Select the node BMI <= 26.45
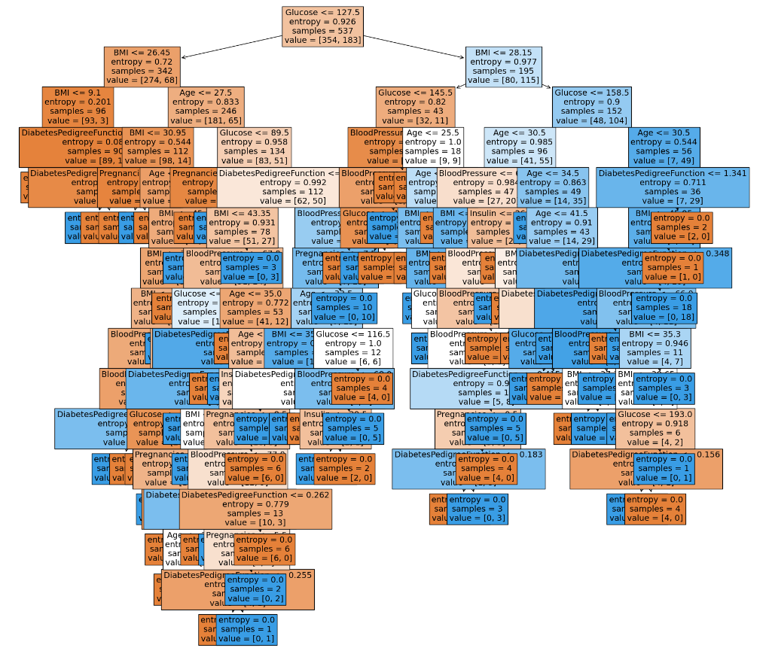coord(142,67)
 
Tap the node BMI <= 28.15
coord(503,67)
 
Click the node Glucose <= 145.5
coord(415,106)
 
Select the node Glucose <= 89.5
coord(254,146)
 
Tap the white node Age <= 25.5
coord(433,146)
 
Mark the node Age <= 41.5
coord(562,227)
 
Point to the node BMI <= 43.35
coord(243,227)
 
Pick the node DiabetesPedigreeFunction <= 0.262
coord(255,509)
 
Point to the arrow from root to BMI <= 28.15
coord(414,46)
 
